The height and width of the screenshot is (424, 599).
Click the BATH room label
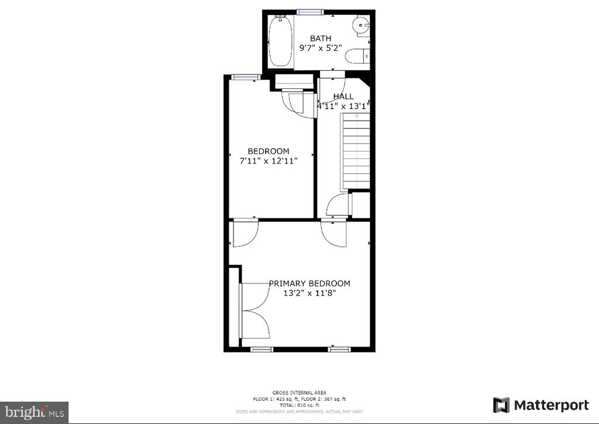321,38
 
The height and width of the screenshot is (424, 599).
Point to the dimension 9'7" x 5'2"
321,48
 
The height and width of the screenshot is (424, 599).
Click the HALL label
343,97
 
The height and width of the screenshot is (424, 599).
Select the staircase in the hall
356,151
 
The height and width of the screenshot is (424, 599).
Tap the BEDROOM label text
268,151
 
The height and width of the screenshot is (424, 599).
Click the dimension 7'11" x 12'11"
268,161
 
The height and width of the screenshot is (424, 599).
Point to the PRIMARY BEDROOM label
309,283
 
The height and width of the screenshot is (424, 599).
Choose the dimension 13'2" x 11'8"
309,293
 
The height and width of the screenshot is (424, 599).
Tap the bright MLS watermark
35,412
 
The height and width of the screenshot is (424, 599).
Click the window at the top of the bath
310,12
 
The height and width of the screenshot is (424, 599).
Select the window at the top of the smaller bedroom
246,77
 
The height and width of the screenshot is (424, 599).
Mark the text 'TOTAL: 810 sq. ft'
299,405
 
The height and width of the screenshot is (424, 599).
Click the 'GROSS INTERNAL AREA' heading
299,392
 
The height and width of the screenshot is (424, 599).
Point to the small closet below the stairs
360,205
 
